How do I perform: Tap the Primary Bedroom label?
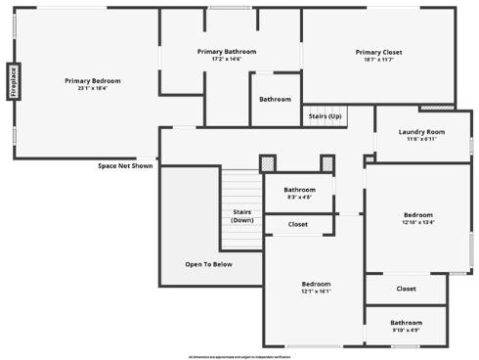pos(93,79)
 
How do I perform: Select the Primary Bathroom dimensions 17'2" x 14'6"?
pos(227,59)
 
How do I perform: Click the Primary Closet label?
pos(378,52)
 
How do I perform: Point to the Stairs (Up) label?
pos(325,115)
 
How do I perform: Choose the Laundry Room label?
pos(422,131)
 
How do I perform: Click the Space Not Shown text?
pos(125,165)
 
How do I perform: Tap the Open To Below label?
pos(209,264)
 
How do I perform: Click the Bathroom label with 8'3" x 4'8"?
pos(299,189)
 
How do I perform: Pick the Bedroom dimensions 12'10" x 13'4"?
pos(418,222)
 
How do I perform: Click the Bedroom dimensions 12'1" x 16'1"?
pos(316,291)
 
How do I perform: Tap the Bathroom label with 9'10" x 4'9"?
pos(406,322)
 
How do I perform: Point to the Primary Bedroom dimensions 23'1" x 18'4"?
pos(93,87)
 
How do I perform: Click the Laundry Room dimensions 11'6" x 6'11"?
pos(422,139)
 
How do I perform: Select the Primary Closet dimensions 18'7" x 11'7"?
pos(378,60)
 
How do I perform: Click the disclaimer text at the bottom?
pos(239,355)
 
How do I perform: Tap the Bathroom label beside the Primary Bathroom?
pos(275,99)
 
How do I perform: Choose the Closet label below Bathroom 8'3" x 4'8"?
pos(298,224)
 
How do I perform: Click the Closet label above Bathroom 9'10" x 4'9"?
pos(406,289)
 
